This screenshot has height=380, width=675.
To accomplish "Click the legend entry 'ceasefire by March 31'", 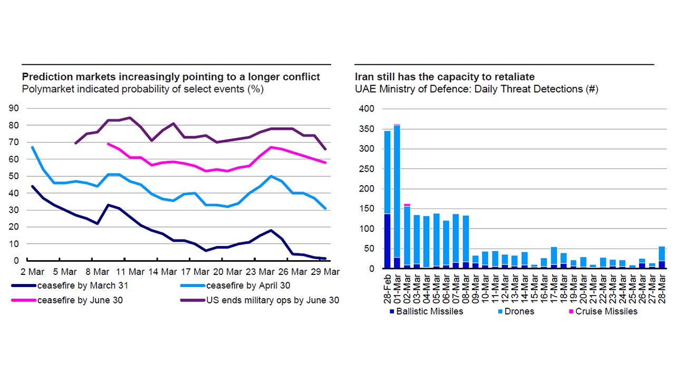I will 81,287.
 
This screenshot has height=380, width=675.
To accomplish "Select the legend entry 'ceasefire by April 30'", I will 248,287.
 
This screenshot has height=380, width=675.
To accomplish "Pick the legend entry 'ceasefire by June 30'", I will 80,300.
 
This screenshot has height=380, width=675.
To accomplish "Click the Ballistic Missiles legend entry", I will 430,311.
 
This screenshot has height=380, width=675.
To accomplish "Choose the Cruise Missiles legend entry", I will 606,311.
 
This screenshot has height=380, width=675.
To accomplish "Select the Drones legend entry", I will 518,311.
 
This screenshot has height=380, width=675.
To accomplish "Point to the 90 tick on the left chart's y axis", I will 13,109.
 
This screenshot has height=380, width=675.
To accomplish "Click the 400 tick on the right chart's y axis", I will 367,109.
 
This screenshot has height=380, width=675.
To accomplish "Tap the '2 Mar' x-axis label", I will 33,271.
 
